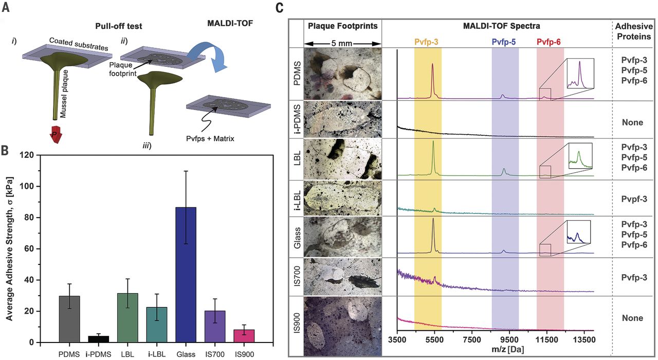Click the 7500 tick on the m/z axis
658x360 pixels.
pos(471,339)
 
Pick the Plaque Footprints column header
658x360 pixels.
pos(343,25)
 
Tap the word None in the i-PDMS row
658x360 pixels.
pos(631,123)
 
